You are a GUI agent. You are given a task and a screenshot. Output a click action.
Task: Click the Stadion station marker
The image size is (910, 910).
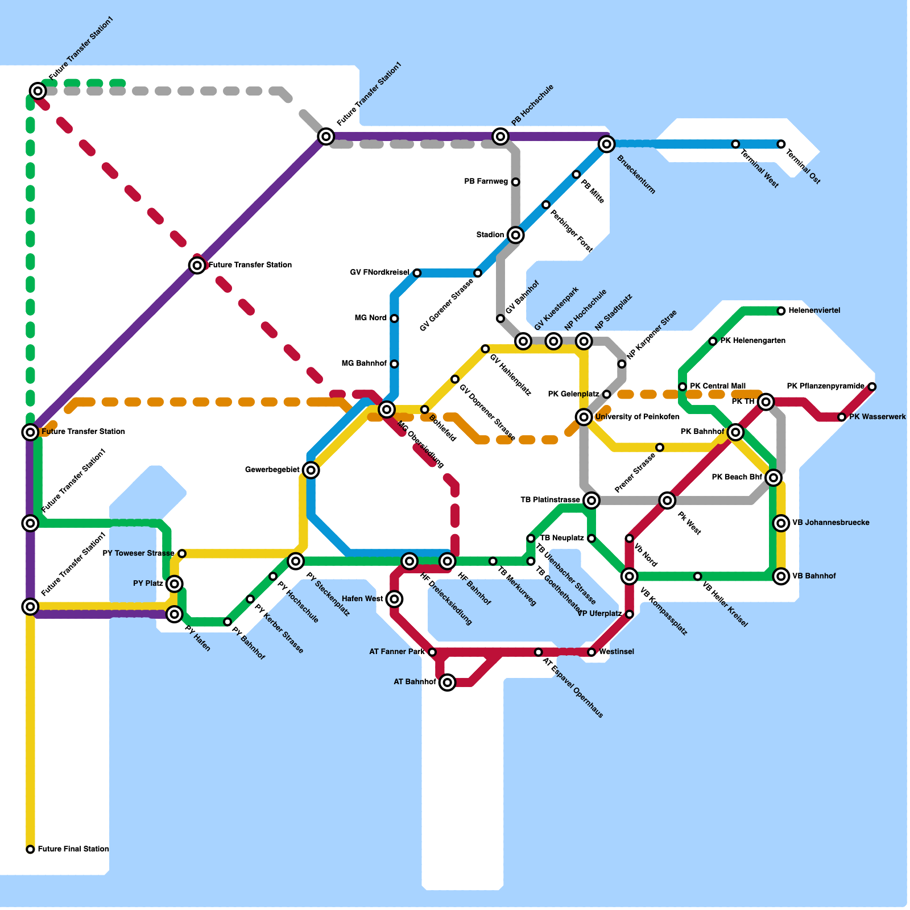(x=515, y=235)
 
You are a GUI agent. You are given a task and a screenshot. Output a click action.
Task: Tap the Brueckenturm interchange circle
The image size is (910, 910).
(x=607, y=144)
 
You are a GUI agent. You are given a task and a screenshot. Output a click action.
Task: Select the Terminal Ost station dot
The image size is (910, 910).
(x=781, y=144)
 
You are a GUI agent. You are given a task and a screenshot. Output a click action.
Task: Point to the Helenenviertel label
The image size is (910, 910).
(x=814, y=311)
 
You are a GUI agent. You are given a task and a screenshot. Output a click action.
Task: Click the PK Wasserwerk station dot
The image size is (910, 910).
(x=842, y=417)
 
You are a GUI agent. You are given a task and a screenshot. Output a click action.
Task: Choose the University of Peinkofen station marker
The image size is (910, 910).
(x=584, y=417)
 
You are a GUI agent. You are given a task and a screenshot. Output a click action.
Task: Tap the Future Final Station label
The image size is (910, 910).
(x=73, y=849)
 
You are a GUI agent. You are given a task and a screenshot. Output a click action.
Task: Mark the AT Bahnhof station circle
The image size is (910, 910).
(x=448, y=682)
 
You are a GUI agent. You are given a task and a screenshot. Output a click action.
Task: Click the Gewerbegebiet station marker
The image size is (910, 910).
(x=311, y=470)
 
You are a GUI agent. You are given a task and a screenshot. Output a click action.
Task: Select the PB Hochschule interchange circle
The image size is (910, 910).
(x=500, y=136)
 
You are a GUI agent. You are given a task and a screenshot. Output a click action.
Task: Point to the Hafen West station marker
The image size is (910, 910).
(x=394, y=599)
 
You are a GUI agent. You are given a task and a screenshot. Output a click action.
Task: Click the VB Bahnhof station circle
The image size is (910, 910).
(x=781, y=576)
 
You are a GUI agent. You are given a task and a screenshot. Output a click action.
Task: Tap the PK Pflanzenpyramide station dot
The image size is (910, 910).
(x=872, y=387)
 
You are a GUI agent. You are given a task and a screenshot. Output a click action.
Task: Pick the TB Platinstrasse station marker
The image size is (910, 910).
(x=591, y=500)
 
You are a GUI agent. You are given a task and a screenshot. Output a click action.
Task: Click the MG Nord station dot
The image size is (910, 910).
(x=394, y=318)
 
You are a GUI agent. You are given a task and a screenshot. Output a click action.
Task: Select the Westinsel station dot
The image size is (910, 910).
(x=591, y=652)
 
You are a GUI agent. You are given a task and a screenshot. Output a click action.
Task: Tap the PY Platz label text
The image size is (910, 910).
(x=148, y=584)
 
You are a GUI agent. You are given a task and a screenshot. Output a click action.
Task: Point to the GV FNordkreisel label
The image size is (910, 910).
(x=379, y=273)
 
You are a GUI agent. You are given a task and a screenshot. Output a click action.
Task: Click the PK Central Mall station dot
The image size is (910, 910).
(x=682, y=387)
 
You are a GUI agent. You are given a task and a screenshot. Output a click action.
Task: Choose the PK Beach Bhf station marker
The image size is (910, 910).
(x=773, y=478)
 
